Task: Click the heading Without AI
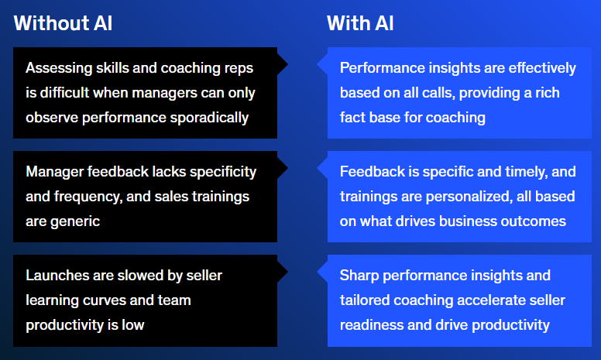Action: (63, 23)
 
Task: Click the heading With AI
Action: (360, 23)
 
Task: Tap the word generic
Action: (75, 221)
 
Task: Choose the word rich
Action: (547, 93)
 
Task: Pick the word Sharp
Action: (359, 276)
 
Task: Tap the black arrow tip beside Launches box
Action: (287, 272)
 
